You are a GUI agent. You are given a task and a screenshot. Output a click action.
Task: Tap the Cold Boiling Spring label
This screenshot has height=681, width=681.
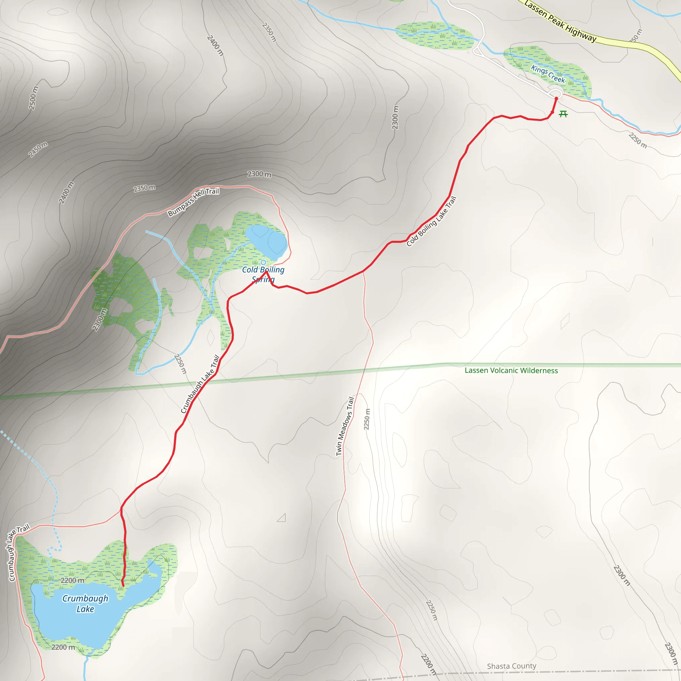tap(263, 274)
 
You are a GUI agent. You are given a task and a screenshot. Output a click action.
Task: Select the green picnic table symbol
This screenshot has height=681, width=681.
tap(563, 113)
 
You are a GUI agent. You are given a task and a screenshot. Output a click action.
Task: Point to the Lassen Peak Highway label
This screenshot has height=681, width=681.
tap(560, 21)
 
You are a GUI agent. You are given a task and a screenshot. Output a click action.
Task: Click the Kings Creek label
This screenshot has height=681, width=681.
tap(548, 74)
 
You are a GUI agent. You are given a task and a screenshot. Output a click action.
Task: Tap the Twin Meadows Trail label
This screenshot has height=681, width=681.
tap(345, 426)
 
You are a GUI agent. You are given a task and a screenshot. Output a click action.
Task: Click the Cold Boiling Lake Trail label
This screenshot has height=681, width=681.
tap(431, 221)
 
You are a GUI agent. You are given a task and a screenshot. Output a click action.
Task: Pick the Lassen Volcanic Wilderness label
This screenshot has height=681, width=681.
tap(511, 370)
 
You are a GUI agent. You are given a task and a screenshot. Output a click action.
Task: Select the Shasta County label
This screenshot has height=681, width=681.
tap(511, 666)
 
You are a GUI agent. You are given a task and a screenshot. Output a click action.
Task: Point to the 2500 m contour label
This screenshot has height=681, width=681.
tap(33, 98)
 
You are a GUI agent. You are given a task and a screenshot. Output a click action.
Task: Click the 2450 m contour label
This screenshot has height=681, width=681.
tap(38, 149)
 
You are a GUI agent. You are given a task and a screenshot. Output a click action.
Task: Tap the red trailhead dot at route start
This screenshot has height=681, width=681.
tap(556, 99)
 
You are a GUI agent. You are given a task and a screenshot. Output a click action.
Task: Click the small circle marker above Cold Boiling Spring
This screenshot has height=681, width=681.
tap(263, 262)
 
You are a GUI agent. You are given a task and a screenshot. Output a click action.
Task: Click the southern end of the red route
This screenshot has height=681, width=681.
tap(123, 586)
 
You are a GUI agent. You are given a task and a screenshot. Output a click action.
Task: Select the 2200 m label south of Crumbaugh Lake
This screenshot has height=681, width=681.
tap(63, 647)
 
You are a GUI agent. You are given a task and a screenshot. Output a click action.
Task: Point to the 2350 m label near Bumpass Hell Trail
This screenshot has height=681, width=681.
tap(144, 188)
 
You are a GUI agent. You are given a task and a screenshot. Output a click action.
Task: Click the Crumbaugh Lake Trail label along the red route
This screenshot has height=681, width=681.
tap(200, 384)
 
